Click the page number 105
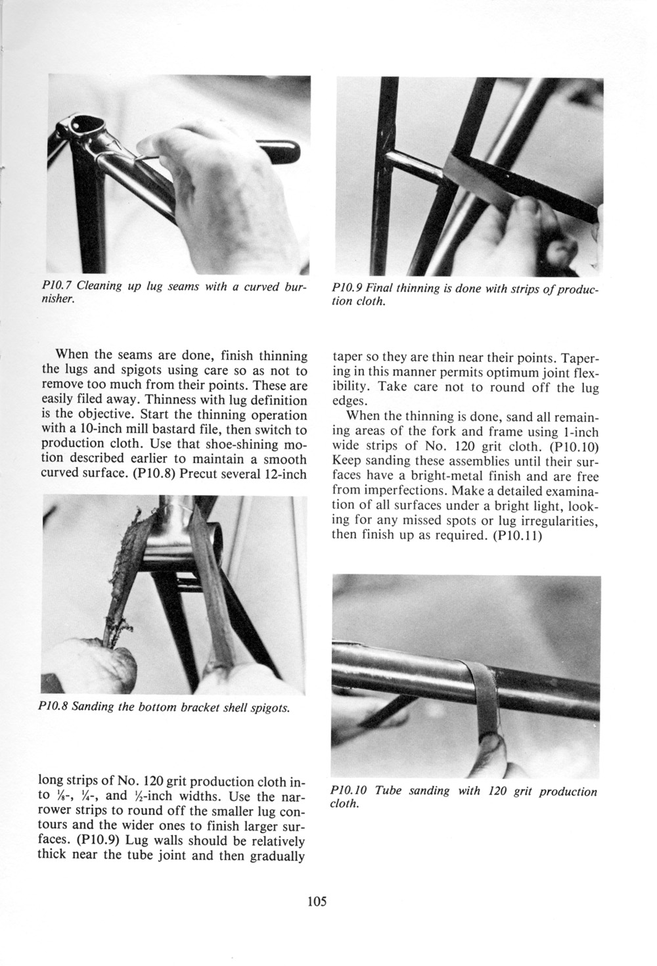[x=316, y=901]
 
